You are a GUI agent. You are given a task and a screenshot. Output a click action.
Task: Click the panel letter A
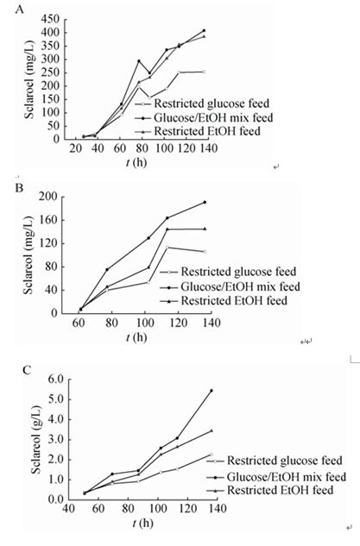[20, 9]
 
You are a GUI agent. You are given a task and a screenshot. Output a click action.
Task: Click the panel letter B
[19, 188]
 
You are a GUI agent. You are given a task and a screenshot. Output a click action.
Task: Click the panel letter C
[27, 369]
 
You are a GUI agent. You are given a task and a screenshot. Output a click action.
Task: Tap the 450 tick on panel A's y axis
[51, 19]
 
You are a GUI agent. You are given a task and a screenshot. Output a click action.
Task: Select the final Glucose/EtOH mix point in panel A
[204, 31]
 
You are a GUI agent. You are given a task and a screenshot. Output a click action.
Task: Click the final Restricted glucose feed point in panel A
[204, 72]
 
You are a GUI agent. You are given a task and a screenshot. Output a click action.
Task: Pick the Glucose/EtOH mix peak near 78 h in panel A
[139, 61]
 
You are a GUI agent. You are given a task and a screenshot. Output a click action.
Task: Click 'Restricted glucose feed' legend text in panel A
[212, 104]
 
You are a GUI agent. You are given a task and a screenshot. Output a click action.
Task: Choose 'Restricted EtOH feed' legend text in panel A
[207, 131]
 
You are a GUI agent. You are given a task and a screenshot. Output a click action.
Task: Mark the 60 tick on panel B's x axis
[79, 323]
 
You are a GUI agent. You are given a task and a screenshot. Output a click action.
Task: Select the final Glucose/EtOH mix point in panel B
[205, 202]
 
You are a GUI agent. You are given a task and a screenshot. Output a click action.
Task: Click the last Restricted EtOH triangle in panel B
[205, 229]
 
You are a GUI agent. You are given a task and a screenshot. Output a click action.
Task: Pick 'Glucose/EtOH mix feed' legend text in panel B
[240, 286]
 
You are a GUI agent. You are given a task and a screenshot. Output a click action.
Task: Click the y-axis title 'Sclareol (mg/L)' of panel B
[28, 255]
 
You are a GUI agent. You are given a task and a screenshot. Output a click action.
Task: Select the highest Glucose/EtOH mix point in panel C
[212, 391]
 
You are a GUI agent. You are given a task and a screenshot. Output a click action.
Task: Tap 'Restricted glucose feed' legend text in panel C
[285, 461]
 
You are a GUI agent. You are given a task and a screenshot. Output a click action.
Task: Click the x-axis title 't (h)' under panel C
[143, 523]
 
